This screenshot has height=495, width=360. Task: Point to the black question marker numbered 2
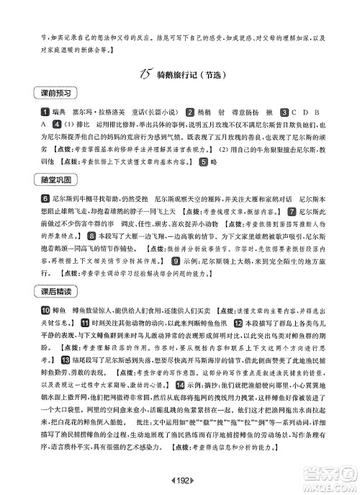[x=190, y=112]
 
